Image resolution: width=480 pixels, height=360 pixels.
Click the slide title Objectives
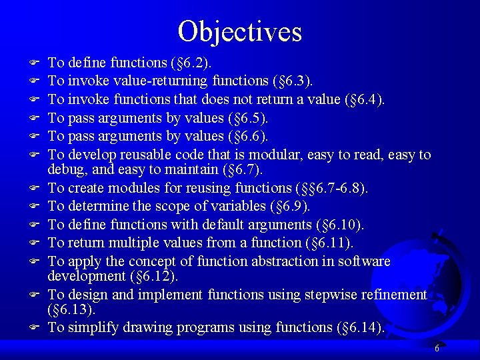coord(240,31)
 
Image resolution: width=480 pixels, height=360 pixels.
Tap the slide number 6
coord(437,348)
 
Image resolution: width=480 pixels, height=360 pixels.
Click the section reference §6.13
coord(71,309)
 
